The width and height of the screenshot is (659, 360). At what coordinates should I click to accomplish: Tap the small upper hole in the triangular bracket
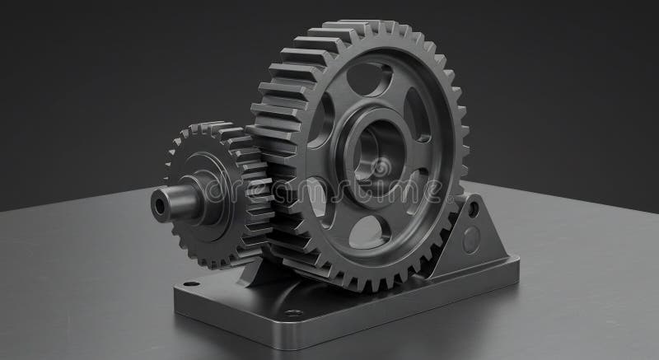(473, 211)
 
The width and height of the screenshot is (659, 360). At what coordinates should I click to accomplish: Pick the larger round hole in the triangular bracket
(470, 240)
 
